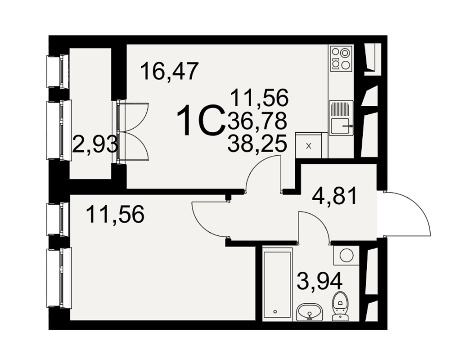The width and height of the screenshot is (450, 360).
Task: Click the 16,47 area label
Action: [x=170, y=72]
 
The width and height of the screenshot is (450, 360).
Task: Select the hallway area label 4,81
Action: [x=335, y=195]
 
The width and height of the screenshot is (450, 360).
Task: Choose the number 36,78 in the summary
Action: [x=257, y=120]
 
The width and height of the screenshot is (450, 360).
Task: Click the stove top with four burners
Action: [x=341, y=59]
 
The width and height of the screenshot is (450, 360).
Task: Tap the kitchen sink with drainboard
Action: [x=341, y=118]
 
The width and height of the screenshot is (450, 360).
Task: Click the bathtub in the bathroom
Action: [x=277, y=285]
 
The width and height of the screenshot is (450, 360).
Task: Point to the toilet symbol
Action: [x=341, y=306]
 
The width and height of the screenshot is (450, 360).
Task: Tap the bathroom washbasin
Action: [x=310, y=312]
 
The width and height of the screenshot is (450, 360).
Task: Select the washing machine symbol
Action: [x=346, y=255]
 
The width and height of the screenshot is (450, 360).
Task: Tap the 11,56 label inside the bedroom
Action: [x=115, y=214]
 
